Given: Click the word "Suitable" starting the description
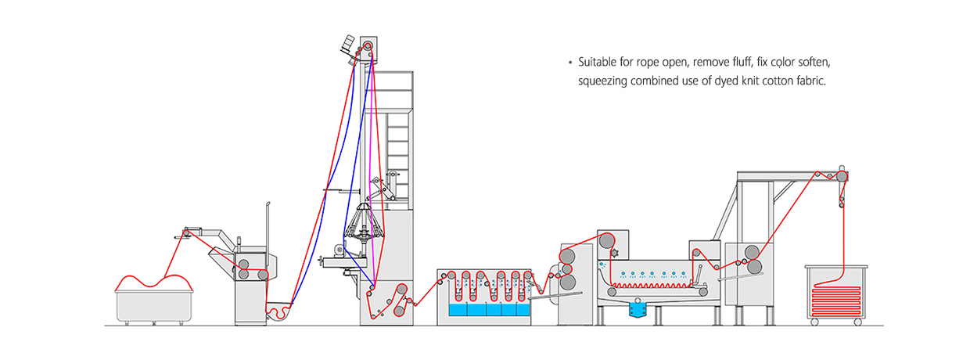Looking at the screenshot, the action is (x=597, y=62).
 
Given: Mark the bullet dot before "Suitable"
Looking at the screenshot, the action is (x=569, y=63).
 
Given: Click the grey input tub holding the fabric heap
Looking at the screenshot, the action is (x=154, y=307).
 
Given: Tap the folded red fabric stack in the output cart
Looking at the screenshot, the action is (x=835, y=301).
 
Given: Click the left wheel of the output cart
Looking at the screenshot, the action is (x=814, y=322).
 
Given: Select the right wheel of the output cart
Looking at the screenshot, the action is (x=858, y=322).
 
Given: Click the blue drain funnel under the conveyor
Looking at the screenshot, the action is (x=638, y=309).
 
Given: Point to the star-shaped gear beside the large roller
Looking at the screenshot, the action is (x=615, y=253).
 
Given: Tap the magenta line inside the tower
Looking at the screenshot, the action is (x=370, y=173).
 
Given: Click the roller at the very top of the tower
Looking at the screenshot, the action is (x=368, y=45).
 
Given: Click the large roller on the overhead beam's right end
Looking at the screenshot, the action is (x=842, y=176).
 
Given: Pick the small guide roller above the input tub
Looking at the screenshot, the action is (x=186, y=233).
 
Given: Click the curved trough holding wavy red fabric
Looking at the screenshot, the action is (x=278, y=311).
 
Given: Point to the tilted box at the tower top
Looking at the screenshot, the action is (x=348, y=43).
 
